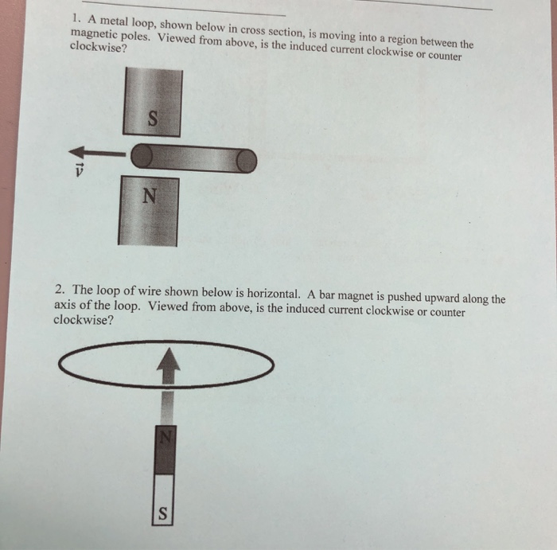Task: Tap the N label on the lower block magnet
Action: tap(148, 195)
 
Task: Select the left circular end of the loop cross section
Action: tap(142, 157)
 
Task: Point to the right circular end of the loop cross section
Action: tap(247, 162)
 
